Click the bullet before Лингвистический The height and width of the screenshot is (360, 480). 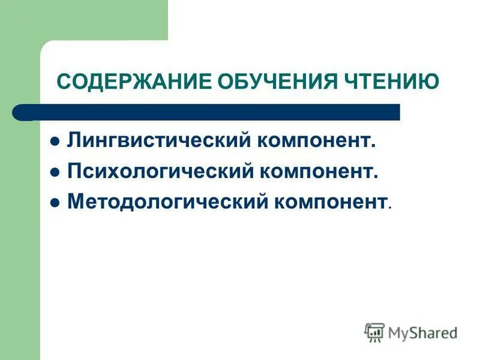coord(55,143)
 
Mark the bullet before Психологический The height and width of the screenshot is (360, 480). coord(55,173)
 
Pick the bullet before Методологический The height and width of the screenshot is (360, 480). coord(55,203)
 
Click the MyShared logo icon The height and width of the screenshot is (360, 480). coord(374,332)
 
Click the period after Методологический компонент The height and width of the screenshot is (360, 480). coord(390,208)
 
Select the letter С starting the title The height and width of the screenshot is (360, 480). coord(63,81)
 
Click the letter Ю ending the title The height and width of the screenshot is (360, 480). coord(431,81)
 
